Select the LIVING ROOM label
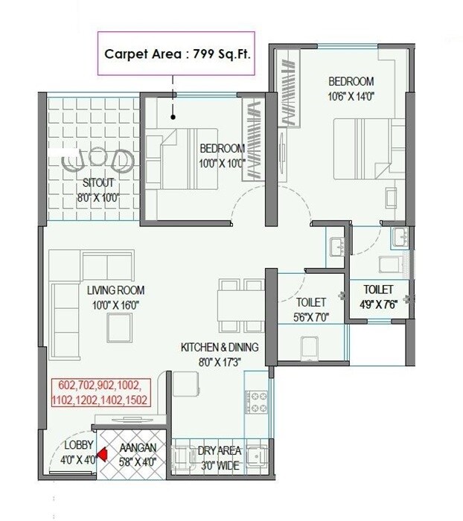pyautogui.click(x=115, y=290)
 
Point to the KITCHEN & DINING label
pyautogui.click(x=220, y=348)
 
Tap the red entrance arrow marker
pyautogui.click(x=105, y=450)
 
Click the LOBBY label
pyautogui.click(x=77, y=445)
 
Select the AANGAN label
pyautogui.click(x=138, y=446)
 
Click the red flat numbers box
pyautogui.click(x=100, y=392)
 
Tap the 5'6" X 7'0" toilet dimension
pyautogui.click(x=310, y=316)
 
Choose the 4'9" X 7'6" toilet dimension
pyautogui.click(x=377, y=302)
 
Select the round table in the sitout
pyautogui.click(x=98, y=158)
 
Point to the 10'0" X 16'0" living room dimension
pyautogui.click(x=115, y=304)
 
